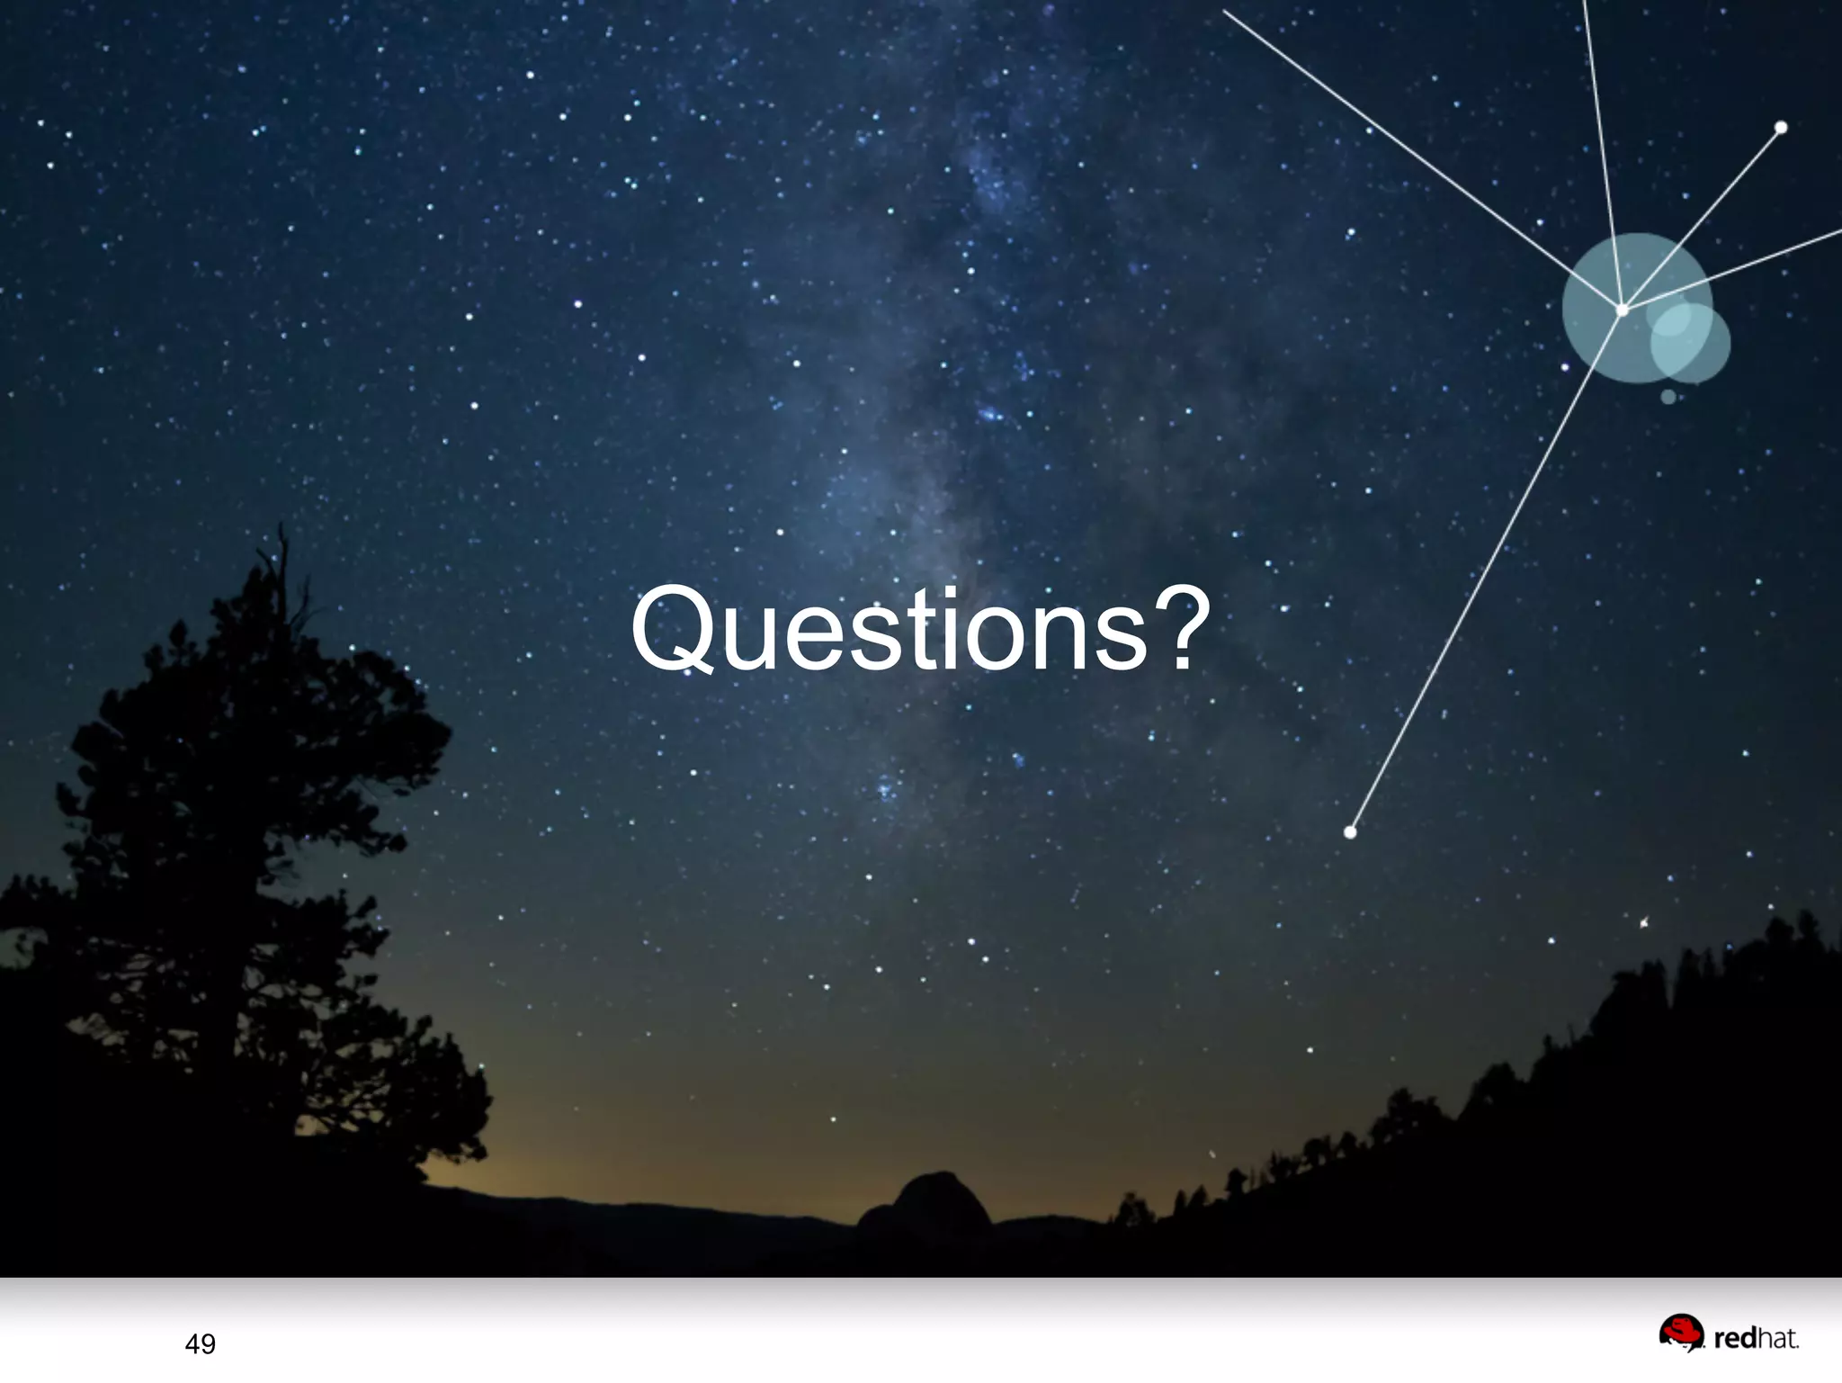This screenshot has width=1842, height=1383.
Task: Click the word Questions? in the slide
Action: (x=919, y=629)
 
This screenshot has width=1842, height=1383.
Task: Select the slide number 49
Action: (x=200, y=1344)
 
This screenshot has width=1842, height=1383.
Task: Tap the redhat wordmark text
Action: (x=1756, y=1339)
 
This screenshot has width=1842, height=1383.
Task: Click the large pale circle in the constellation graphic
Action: (x=1610, y=288)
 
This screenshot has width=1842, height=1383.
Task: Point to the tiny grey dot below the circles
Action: (x=1668, y=397)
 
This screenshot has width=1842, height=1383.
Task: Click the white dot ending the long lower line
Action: (x=1350, y=832)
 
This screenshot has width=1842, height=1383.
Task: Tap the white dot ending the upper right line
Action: (x=1781, y=128)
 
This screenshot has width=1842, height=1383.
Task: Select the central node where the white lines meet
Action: (x=1623, y=310)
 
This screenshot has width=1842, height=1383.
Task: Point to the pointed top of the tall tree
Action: (x=282, y=531)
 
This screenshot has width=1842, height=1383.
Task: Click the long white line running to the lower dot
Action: (x=1484, y=576)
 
